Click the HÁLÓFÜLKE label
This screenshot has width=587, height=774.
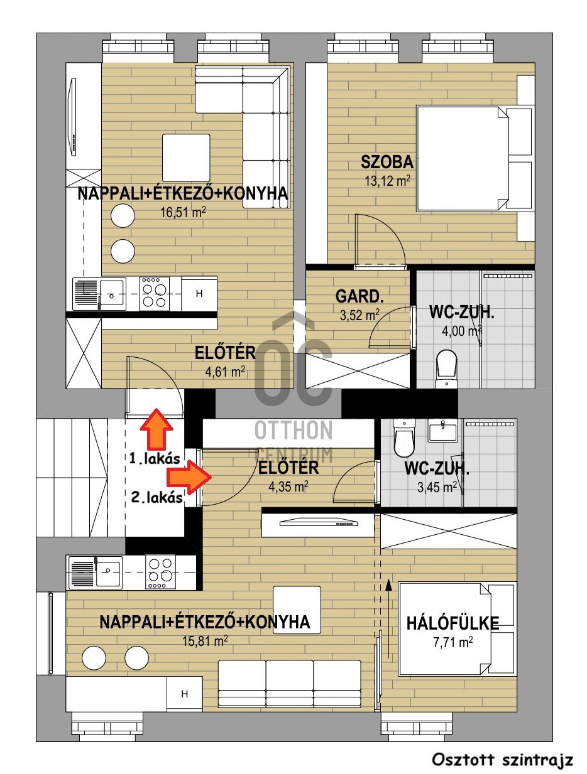[x=453, y=623]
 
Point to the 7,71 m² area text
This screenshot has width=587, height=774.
[x=453, y=642]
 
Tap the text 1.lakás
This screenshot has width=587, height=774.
[x=155, y=459]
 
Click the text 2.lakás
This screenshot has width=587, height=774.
[x=156, y=498]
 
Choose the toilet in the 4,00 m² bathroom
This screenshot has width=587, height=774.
[x=446, y=368]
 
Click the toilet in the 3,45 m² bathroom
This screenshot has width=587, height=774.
[x=403, y=438]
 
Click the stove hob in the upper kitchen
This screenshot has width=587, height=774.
[x=154, y=294]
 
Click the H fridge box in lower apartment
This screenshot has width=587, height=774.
[x=184, y=694]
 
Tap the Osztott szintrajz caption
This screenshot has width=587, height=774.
[x=502, y=760]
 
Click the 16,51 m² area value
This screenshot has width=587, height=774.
[x=183, y=213]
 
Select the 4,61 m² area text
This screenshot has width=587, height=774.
[x=225, y=372]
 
